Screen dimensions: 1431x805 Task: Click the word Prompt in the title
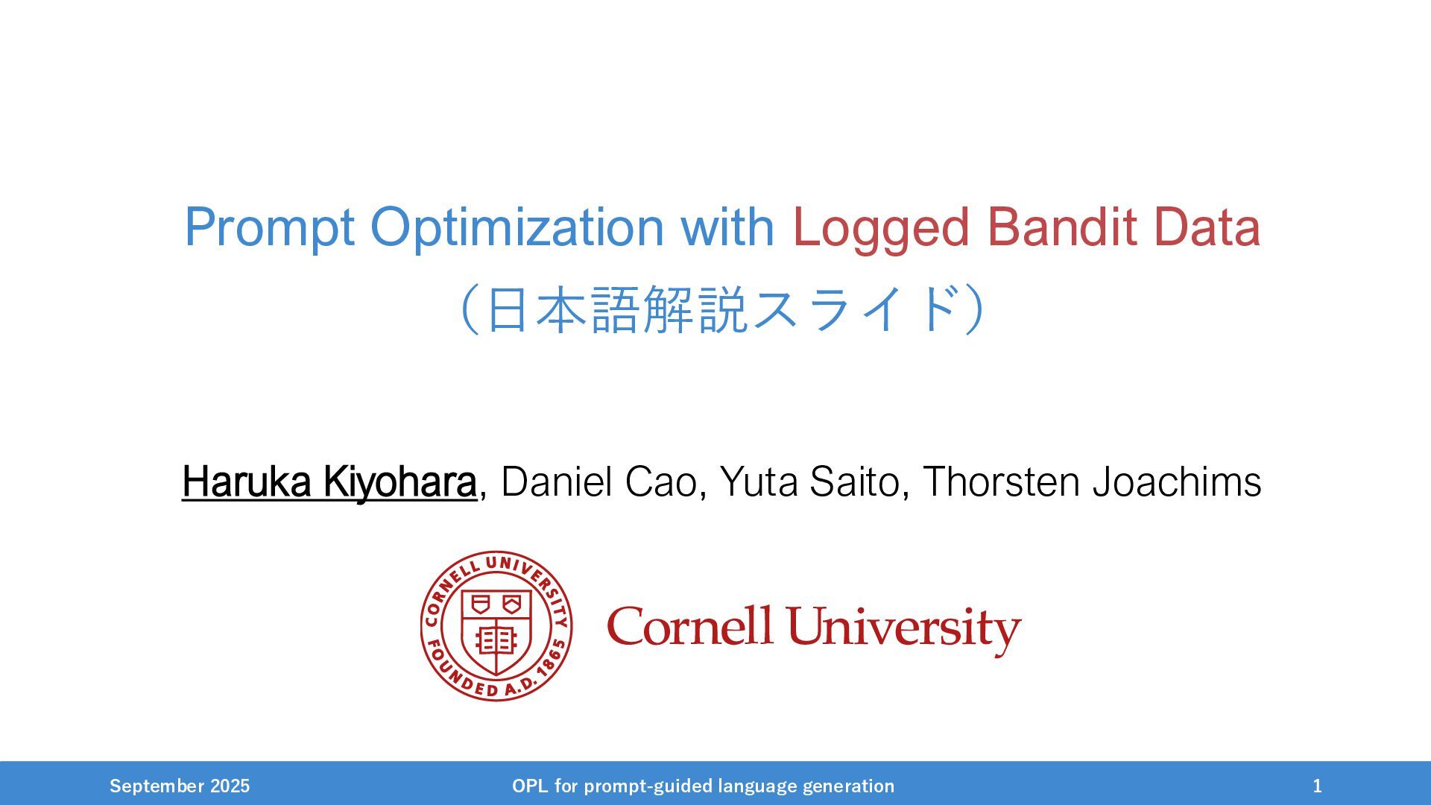coord(269,228)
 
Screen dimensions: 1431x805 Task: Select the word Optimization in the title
coord(517,227)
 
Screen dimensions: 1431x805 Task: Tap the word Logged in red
coord(880,228)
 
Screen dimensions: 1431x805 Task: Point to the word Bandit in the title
coord(1061,227)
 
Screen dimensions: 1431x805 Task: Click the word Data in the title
coord(1207,227)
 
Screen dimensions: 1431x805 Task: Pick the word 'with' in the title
coord(727,227)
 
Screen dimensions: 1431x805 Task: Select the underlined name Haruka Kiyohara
coord(329,482)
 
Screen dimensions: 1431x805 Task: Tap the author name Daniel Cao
coord(599,482)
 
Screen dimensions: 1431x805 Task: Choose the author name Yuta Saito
coord(810,482)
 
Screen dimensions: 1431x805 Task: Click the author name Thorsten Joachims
coord(1092,482)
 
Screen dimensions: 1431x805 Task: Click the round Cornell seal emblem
coord(496,626)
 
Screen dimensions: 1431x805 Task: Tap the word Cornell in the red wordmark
coord(689,626)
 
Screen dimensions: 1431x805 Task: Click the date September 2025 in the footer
coord(180,786)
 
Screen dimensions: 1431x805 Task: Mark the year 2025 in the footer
coord(230,786)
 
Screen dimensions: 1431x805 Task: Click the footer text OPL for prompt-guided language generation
coord(703,786)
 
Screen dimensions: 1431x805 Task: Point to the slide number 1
coord(1318,786)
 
